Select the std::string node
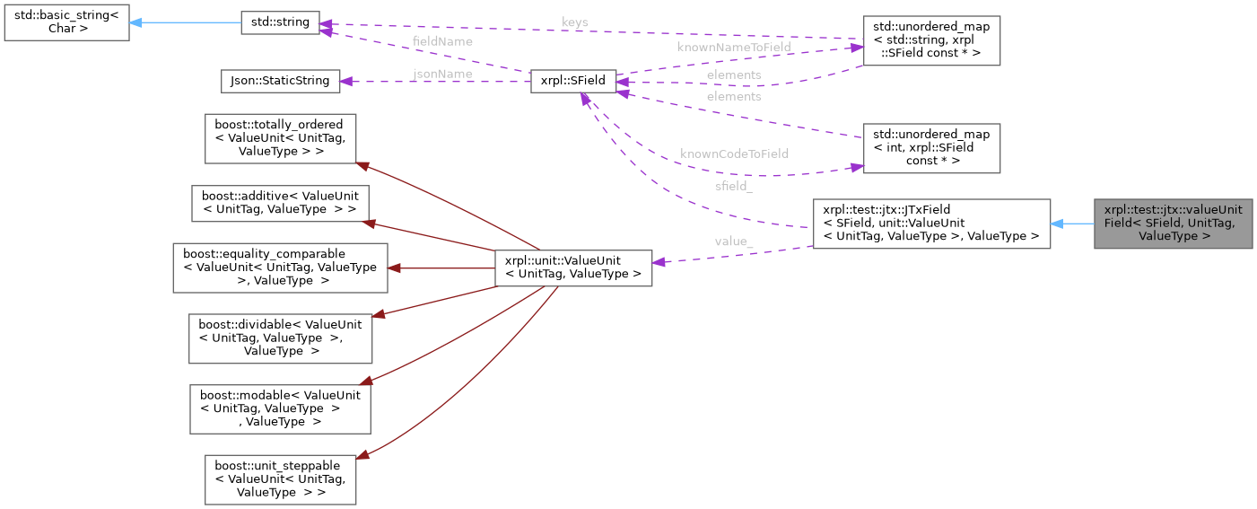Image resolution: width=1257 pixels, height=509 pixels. click(280, 23)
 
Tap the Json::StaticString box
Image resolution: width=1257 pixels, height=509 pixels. click(281, 81)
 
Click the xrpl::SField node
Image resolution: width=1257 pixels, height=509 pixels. click(573, 81)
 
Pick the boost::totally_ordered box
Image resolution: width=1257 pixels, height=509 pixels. click(281, 138)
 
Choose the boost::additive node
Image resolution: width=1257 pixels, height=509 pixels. click(281, 203)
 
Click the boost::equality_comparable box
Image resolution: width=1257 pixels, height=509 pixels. click(279, 268)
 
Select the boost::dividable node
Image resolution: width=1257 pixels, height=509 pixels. click(280, 338)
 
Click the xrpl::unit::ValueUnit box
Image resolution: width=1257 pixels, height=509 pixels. click(573, 268)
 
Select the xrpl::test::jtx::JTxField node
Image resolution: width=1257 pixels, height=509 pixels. click(930, 224)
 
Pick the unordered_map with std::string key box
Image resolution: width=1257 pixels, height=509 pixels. click(930, 40)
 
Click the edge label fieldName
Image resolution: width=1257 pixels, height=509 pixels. click(442, 41)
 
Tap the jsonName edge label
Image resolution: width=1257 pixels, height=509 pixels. click(442, 74)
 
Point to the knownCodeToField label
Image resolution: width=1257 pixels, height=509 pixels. click(734, 154)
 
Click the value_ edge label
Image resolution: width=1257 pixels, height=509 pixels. click(733, 241)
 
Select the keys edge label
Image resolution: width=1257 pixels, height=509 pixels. click(574, 22)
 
